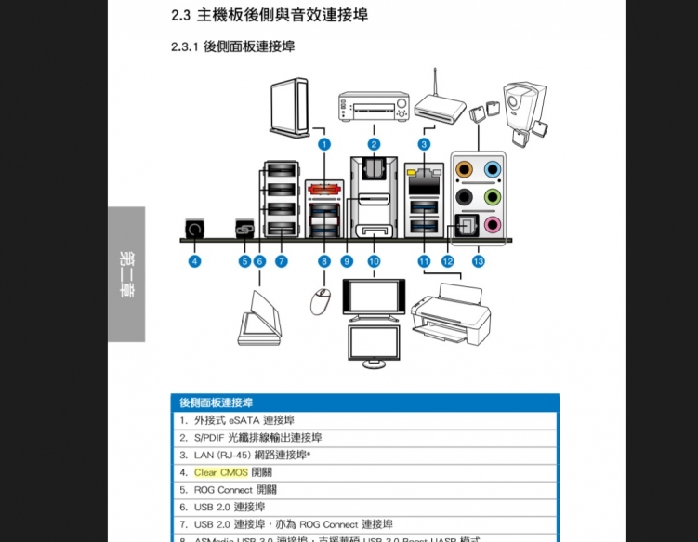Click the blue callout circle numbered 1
[323, 144]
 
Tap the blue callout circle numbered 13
[479, 262]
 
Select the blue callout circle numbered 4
[194, 262]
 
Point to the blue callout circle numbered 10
[374, 262]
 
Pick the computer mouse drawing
[322, 301]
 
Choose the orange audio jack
[466, 170]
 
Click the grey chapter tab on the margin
[126, 273]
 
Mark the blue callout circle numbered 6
[259, 262]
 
